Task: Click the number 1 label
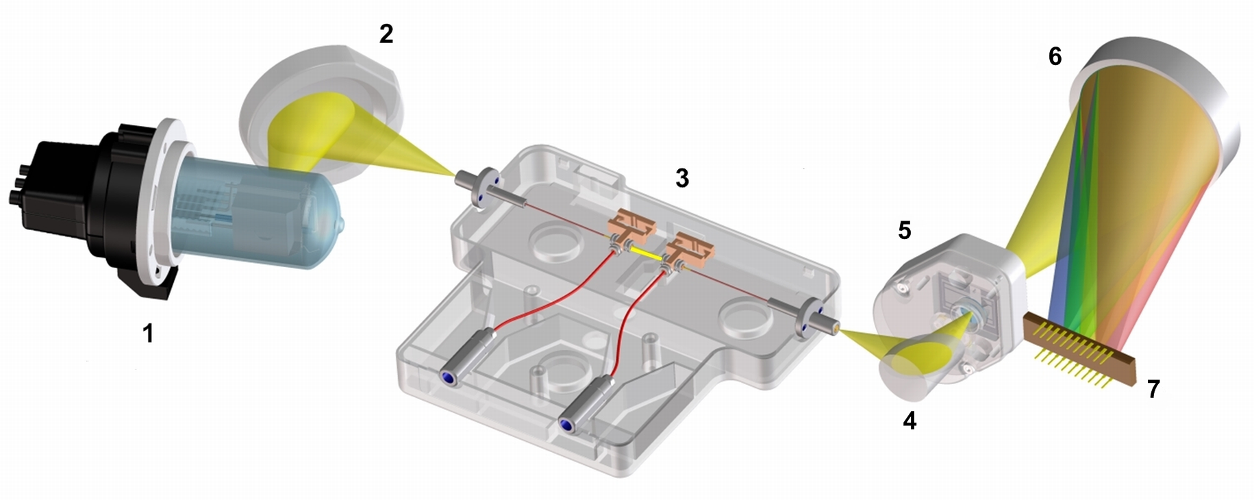pyautogui.click(x=148, y=334)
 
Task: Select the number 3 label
pyautogui.click(x=681, y=178)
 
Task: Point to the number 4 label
pyautogui.click(x=909, y=421)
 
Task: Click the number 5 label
pyautogui.click(x=904, y=231)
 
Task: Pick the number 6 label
pyautogui.click(x=1055, y=56)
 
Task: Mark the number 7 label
pyautogui.click(x=1153, y=389)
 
